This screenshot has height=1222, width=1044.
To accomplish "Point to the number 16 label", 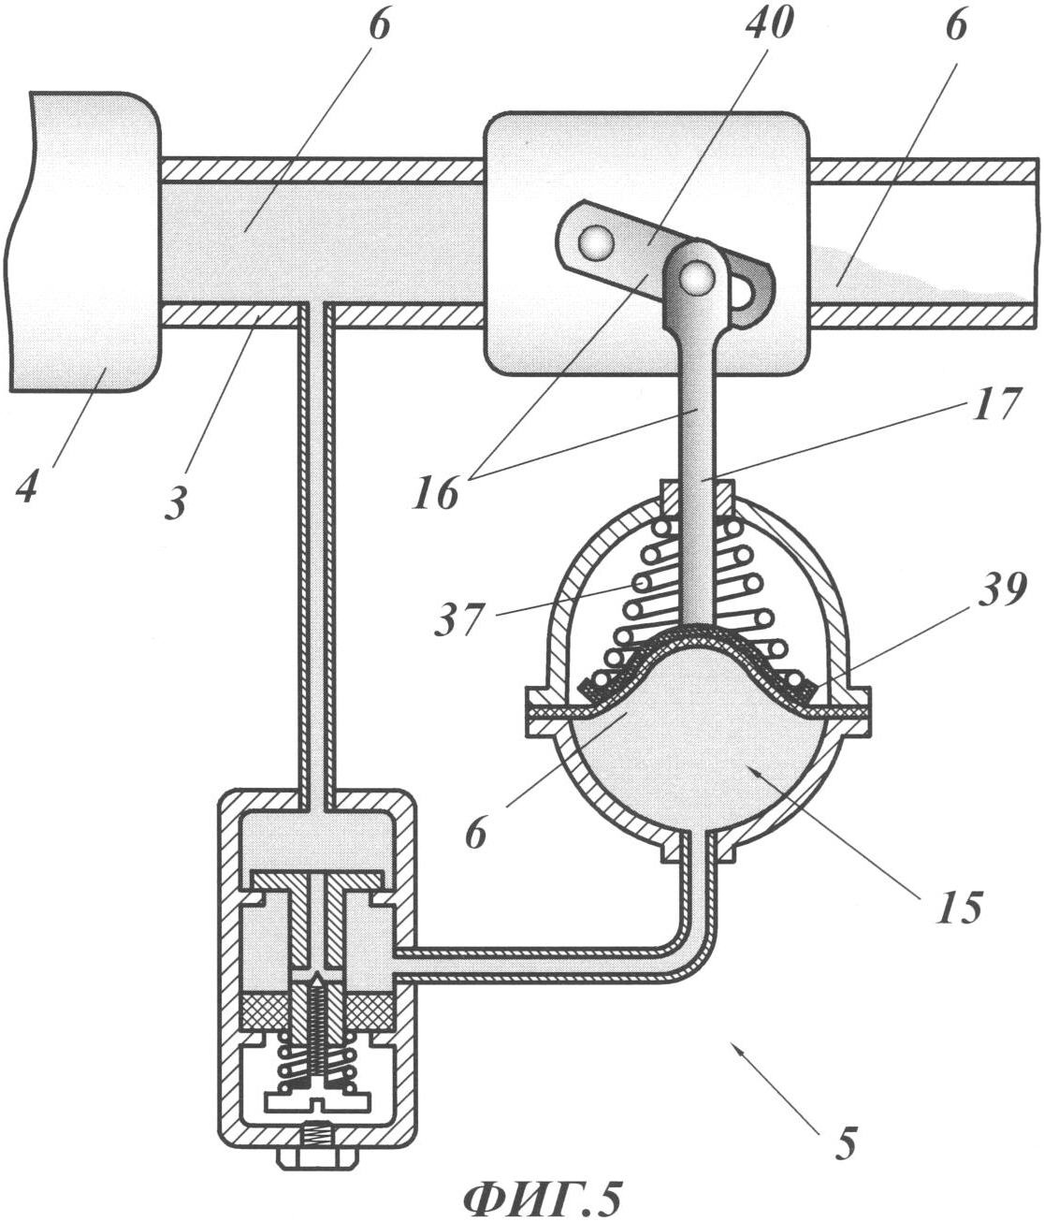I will pos(436,489).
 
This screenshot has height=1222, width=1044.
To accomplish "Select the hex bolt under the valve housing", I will pos(318,1150).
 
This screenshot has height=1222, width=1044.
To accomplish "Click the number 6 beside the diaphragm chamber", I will pos(476,832).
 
